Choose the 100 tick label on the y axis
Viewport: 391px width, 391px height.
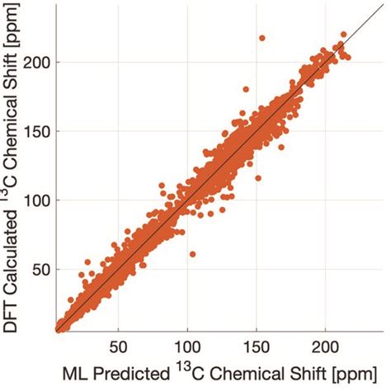(35, 200)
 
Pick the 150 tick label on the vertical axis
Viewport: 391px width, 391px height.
(35, 131)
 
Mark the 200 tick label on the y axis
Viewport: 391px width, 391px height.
(35, 63)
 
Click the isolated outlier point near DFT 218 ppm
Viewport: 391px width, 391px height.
(262, 38)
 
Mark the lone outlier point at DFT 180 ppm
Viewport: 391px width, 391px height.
(245, 89)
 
